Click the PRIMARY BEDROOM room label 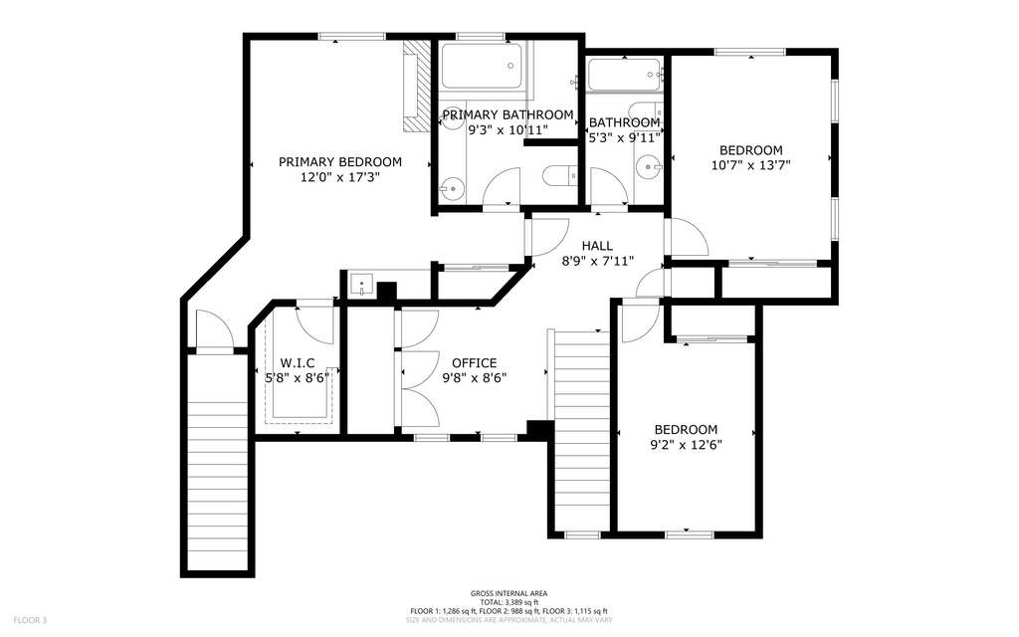pyautogui.click(x=339, y=162)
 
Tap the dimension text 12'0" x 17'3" pyautogui.click(x=339, y=178)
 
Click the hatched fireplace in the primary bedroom pyautogui.click(x=413, y=88)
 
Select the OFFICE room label pyautogui.click(x=474, y=363)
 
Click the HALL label pyautogui.click(x=597, y=246)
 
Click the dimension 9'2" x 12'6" pyautogui.click(x=686, y=445)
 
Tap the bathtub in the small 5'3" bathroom pyautogui.click(x=624, y=75)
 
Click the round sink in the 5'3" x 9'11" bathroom pyautogui.click(x=650, y=168)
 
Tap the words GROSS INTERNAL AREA pyautogui.click(x=509, y=593)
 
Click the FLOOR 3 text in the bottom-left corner pyautogui.click(x=31, y=620)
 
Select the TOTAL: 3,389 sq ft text pyautogui.click(x=509, y=602)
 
